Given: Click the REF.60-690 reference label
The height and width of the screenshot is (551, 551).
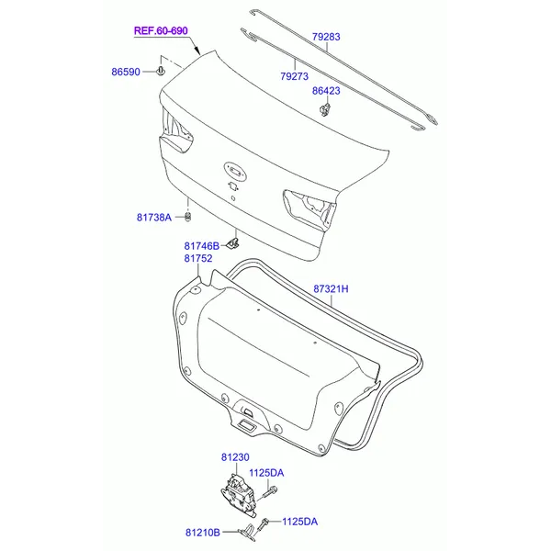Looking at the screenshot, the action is click(161, 31).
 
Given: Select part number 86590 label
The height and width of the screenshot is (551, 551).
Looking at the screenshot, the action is click(126, 72).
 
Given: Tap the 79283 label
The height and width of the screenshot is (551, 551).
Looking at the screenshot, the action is click(326, 37).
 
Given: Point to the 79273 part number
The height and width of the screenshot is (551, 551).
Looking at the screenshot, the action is click(295, 76).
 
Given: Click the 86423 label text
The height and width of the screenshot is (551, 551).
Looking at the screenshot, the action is click(326, 91).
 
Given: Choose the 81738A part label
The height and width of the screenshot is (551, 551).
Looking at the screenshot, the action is click(154, 218).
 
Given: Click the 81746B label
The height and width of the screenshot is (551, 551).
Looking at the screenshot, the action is click(202, 246).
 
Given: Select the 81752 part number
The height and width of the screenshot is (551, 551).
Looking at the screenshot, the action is click(198, 259).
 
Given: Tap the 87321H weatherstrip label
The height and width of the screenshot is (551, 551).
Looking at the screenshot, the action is click(331, 289).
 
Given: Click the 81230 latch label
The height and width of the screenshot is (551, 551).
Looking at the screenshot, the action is click(235, 457).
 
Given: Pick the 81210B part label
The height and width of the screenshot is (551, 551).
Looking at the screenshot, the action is click(203, 533).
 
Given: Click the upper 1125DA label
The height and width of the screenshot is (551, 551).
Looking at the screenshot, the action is click(266, 473).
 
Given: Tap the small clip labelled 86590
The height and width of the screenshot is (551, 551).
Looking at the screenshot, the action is click(161, 71).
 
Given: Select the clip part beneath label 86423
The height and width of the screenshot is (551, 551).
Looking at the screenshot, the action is click(325, 109).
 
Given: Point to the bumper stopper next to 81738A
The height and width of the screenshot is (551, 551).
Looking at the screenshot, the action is click(188, 217).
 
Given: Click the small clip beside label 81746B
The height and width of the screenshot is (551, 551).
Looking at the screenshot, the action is click(232, 242).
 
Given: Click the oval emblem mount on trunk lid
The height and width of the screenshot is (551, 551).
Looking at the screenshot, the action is click(235, 171).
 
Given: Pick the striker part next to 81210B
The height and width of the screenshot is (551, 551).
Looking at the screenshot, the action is click(249, 533).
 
